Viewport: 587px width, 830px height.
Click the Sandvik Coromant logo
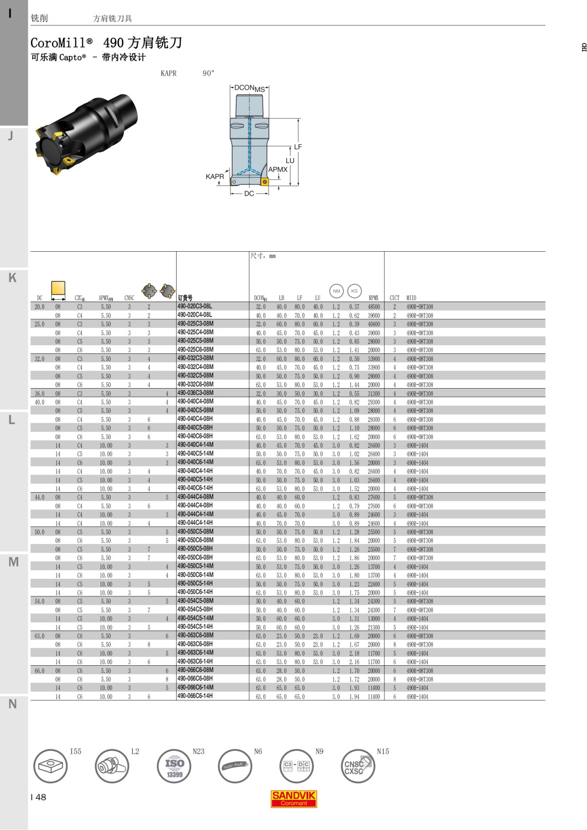click(x=293, y=799)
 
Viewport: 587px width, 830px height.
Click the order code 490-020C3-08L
click(x=194, y=306)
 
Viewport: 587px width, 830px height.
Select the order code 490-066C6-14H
click(x=195, y=696)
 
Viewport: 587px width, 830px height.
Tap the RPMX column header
click(x=374, y=298)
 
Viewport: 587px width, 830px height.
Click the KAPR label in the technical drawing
click(x=215, y=176)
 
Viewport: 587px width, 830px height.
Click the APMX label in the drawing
click(x=278, y=170)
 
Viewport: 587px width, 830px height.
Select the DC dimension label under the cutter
click(x=249, y=194)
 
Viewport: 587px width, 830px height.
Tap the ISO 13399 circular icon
click(x=174, y=766)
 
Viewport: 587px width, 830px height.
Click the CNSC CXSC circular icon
click(x=357, y=766)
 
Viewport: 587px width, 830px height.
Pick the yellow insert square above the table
click(x=58, y=288)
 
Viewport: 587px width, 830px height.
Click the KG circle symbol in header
click(x=354, y=291)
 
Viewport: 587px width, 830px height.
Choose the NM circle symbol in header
click(x=337, y=291)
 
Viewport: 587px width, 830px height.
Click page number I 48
click(x=38, y=797)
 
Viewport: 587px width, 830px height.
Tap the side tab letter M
click(x=13, y=562)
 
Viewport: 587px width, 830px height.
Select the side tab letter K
click(x=13, y=278)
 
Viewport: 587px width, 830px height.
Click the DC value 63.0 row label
click(x=39, y=636)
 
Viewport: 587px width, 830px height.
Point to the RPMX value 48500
click(x=374, y=307)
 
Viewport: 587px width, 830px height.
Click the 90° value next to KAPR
click(x=208, y=73)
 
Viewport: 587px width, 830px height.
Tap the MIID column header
click(x=411, y=298)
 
